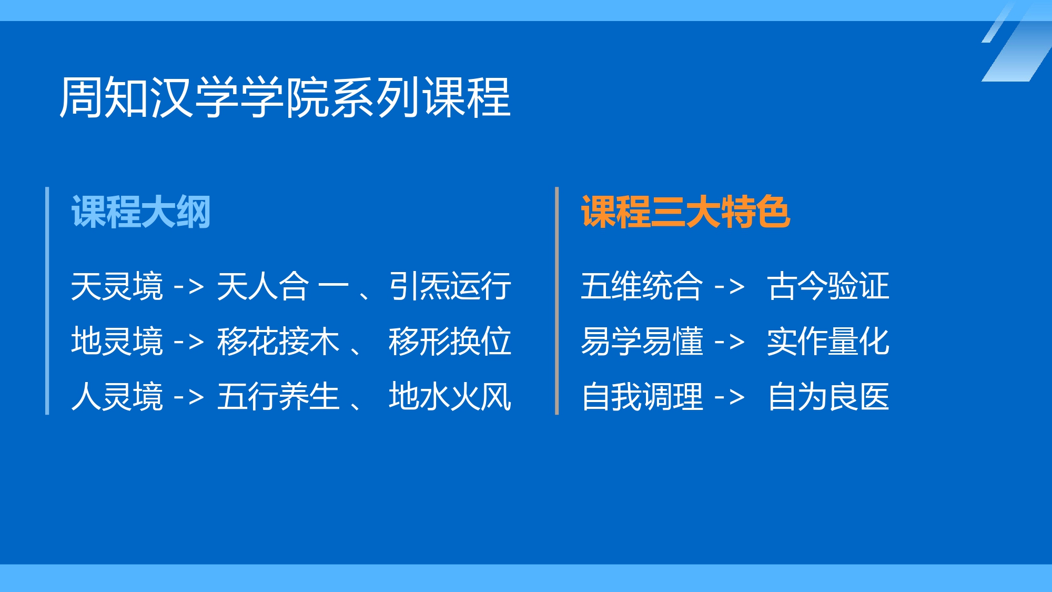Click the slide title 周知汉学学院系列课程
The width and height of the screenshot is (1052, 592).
[285, 97]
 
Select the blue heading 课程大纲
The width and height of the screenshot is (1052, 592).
[141, 212]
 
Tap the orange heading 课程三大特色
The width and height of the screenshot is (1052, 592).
[685, 212]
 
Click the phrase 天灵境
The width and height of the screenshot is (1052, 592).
[117, 286]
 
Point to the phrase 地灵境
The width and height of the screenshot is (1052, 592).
[117, 342]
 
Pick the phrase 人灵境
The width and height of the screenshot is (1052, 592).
[117, 397]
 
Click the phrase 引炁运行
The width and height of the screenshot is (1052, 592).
[450, 286]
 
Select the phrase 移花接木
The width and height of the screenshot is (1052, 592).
[278, 342]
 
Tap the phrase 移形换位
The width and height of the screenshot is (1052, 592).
[450, 342]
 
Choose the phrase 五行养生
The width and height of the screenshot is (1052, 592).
[278, 397]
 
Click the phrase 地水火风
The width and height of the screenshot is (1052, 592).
[450, 397]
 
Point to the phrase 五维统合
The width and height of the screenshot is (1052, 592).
[642, 286]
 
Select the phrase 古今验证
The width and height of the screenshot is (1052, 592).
[828, 286]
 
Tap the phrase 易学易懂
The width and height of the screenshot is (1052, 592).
[642, 342]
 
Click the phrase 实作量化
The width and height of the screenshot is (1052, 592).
[828, 342]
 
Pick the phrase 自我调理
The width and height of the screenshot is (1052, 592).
[642, 397]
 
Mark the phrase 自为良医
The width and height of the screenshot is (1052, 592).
[828, 397]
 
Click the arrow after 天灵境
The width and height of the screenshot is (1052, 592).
[189, 287]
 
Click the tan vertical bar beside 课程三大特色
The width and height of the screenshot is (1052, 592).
[557, 300]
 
